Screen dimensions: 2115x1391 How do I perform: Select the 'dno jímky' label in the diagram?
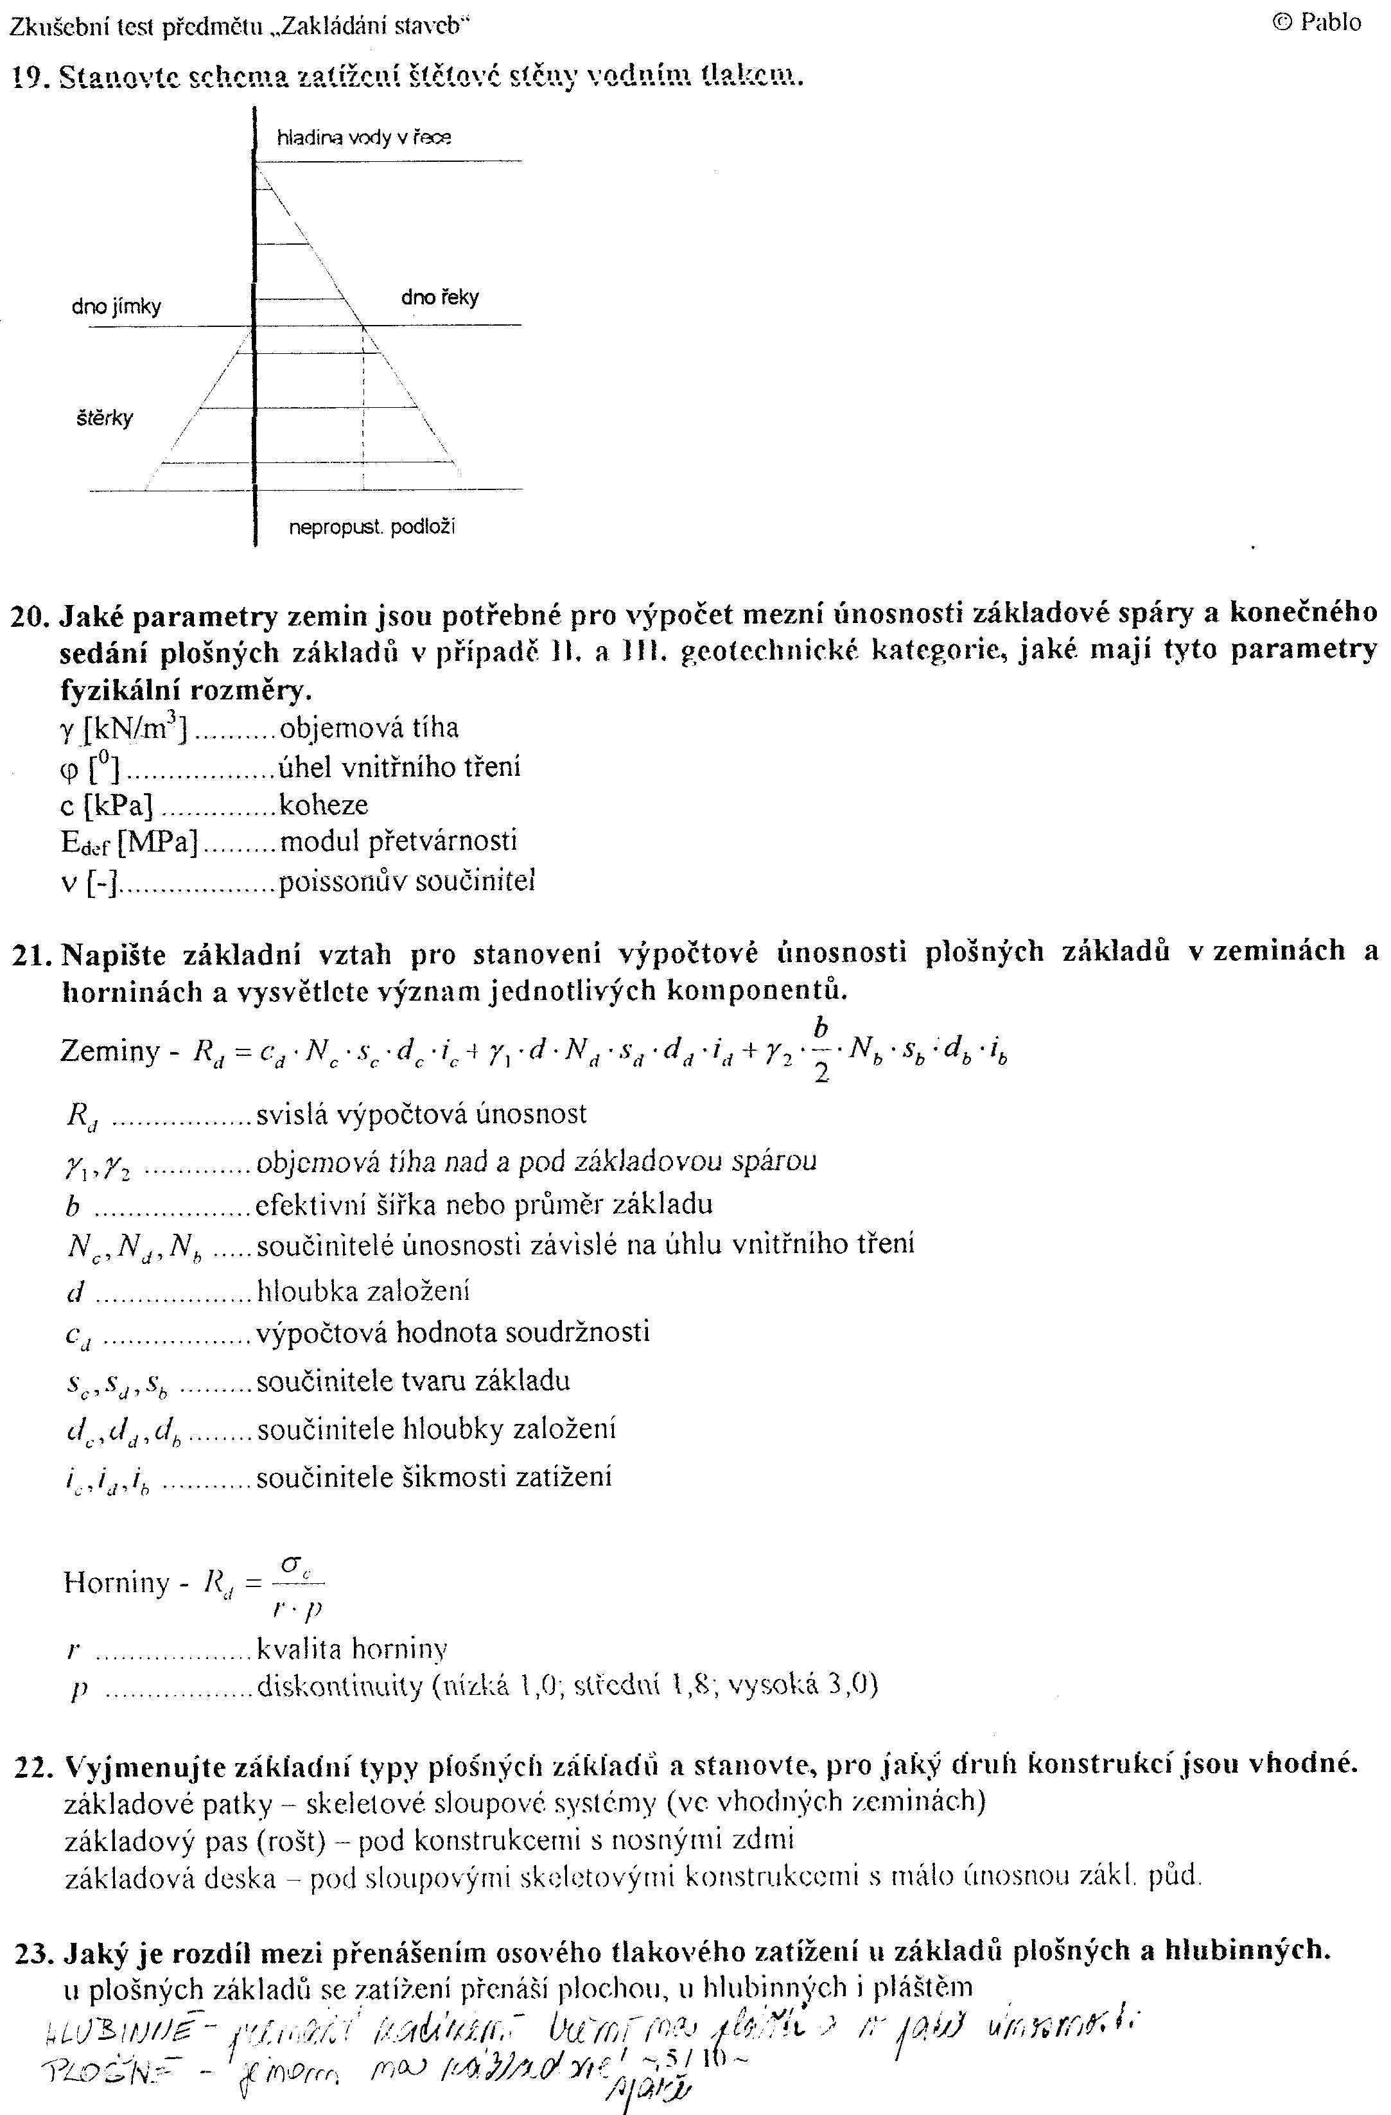[116, 308]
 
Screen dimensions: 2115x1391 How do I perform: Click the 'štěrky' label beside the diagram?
[105, 417]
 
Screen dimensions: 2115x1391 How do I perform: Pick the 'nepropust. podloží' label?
[372, 527]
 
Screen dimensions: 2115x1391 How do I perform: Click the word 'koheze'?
[324, 805]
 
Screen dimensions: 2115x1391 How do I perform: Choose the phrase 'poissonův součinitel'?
[406, 882]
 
